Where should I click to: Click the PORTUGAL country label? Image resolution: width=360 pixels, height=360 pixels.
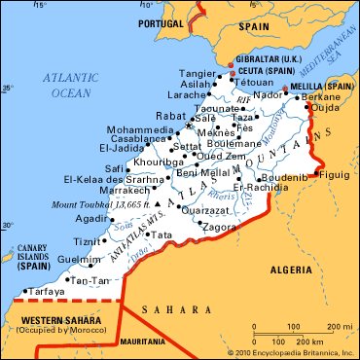(x=162, y=22)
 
